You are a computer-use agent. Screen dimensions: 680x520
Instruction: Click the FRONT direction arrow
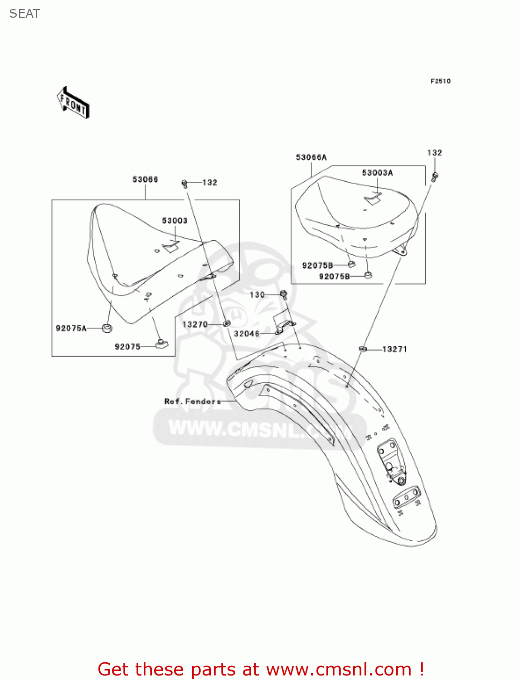tap(73, 103)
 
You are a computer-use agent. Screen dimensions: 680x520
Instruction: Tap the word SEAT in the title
tap(24, 14)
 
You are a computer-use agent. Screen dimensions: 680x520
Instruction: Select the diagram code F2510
tap(440, 81)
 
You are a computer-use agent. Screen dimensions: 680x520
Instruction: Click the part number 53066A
tap(311, 157)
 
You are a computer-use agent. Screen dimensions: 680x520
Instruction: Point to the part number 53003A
tap(377, 173)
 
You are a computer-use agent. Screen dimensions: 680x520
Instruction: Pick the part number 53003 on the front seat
tap(175, 221)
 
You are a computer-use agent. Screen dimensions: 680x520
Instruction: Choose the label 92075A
tap(71, 328)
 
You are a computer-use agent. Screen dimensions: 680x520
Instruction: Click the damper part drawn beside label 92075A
tap(107, 328)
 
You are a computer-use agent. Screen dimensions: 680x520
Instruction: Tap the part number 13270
tap(195, 325)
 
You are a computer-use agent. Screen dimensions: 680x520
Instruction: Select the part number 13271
tap(394, 349)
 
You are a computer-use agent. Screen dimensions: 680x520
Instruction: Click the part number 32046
tap(247, 334)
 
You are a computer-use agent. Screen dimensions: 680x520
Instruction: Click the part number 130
tap(257, 295)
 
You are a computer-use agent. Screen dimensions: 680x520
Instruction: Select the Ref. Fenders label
tap(193, 401)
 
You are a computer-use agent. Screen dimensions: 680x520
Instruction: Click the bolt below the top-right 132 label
tap(435, 176)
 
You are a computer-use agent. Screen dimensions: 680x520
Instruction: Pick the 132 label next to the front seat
tap(209, 183)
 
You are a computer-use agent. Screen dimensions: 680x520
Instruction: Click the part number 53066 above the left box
tap(145, 180)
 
